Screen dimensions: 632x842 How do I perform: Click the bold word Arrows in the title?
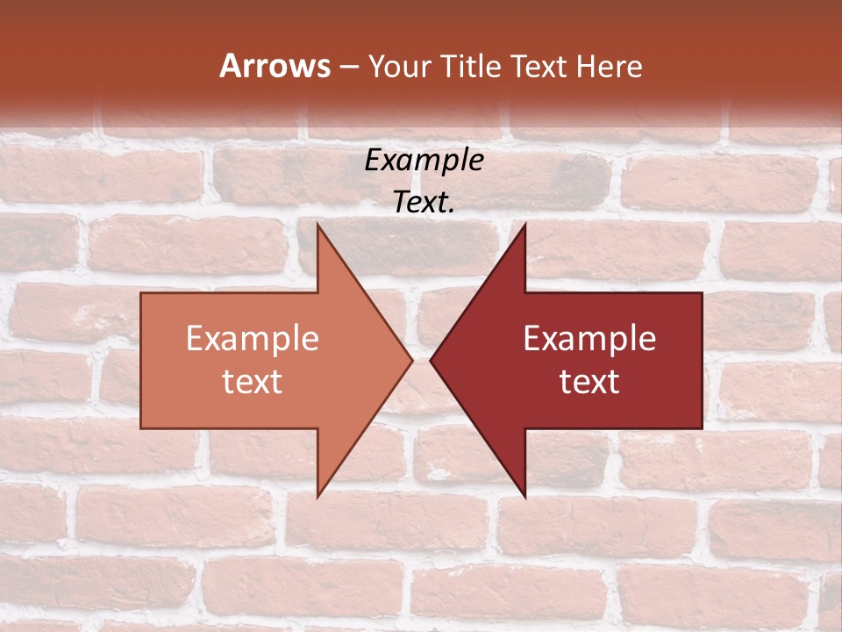pyautogui.click(x=275, y=67)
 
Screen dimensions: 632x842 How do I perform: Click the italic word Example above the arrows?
pyautogui.click(x=425, y=161)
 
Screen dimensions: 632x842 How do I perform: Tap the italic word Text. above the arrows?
pyautogui.click(x=425, y=203)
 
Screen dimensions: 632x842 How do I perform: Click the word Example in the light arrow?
pyautogui.click(x=253, y=339)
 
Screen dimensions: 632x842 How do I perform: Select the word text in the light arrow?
pyautogui.click(x=253, y=382)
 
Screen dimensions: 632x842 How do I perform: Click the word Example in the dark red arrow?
pyautogui.click(x=589, y=339)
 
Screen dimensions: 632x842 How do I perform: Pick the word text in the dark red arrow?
pyautogui.click(x=589, y=382)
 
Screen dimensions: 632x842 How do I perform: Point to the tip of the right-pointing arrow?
pyautogui.click(x=412, y=360)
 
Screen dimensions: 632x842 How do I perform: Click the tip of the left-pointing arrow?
pyautogui.click(x=430, y=360)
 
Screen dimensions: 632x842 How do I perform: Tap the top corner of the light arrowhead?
pyautogui.click(x=318, y=224)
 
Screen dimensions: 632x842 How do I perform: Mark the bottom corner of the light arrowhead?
pyautogui.click(x=318, y=498)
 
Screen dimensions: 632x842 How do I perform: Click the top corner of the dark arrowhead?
pyautogui.click(x=525, y=224)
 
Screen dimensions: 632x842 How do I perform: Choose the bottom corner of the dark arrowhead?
pyautogui.click(x=525, y=498)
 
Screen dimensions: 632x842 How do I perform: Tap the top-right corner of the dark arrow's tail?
pyautogui.click(x=702, y=293)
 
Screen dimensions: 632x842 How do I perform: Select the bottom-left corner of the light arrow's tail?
pyautogui.click(x=141, y=428)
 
